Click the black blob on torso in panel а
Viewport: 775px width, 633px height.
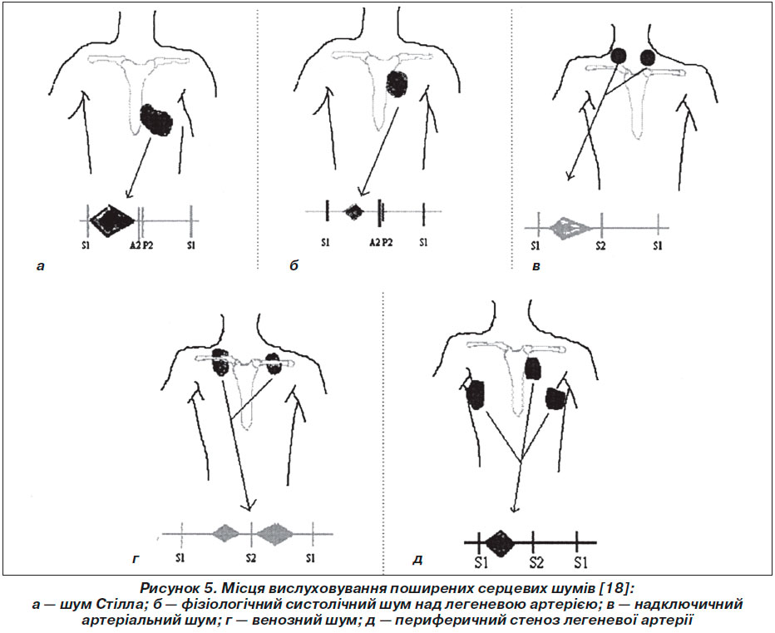tap(156, 120)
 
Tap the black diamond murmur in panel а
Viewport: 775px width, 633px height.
tap(112, 220)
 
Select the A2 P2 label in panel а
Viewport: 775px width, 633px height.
tap(141, 245)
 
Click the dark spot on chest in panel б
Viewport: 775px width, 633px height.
tap(397, 83)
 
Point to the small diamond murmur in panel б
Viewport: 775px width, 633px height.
tap(354, 211)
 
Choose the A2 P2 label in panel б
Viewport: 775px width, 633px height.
tap(381, 242)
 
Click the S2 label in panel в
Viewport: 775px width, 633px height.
tap(600, 245)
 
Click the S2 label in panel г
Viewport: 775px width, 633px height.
tap(251, 558)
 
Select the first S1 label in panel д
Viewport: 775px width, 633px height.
tap(481, 562)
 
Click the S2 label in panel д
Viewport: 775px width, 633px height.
tap(537, 562)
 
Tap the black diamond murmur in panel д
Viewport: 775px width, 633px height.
tap(501, 543)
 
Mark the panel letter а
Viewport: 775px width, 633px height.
tap(41, 266)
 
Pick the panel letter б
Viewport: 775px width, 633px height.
tap(294, 265)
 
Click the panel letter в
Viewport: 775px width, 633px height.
tap(536, 266)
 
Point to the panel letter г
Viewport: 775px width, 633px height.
tap(136, 560)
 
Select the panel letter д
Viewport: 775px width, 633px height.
tap(417, 561)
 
